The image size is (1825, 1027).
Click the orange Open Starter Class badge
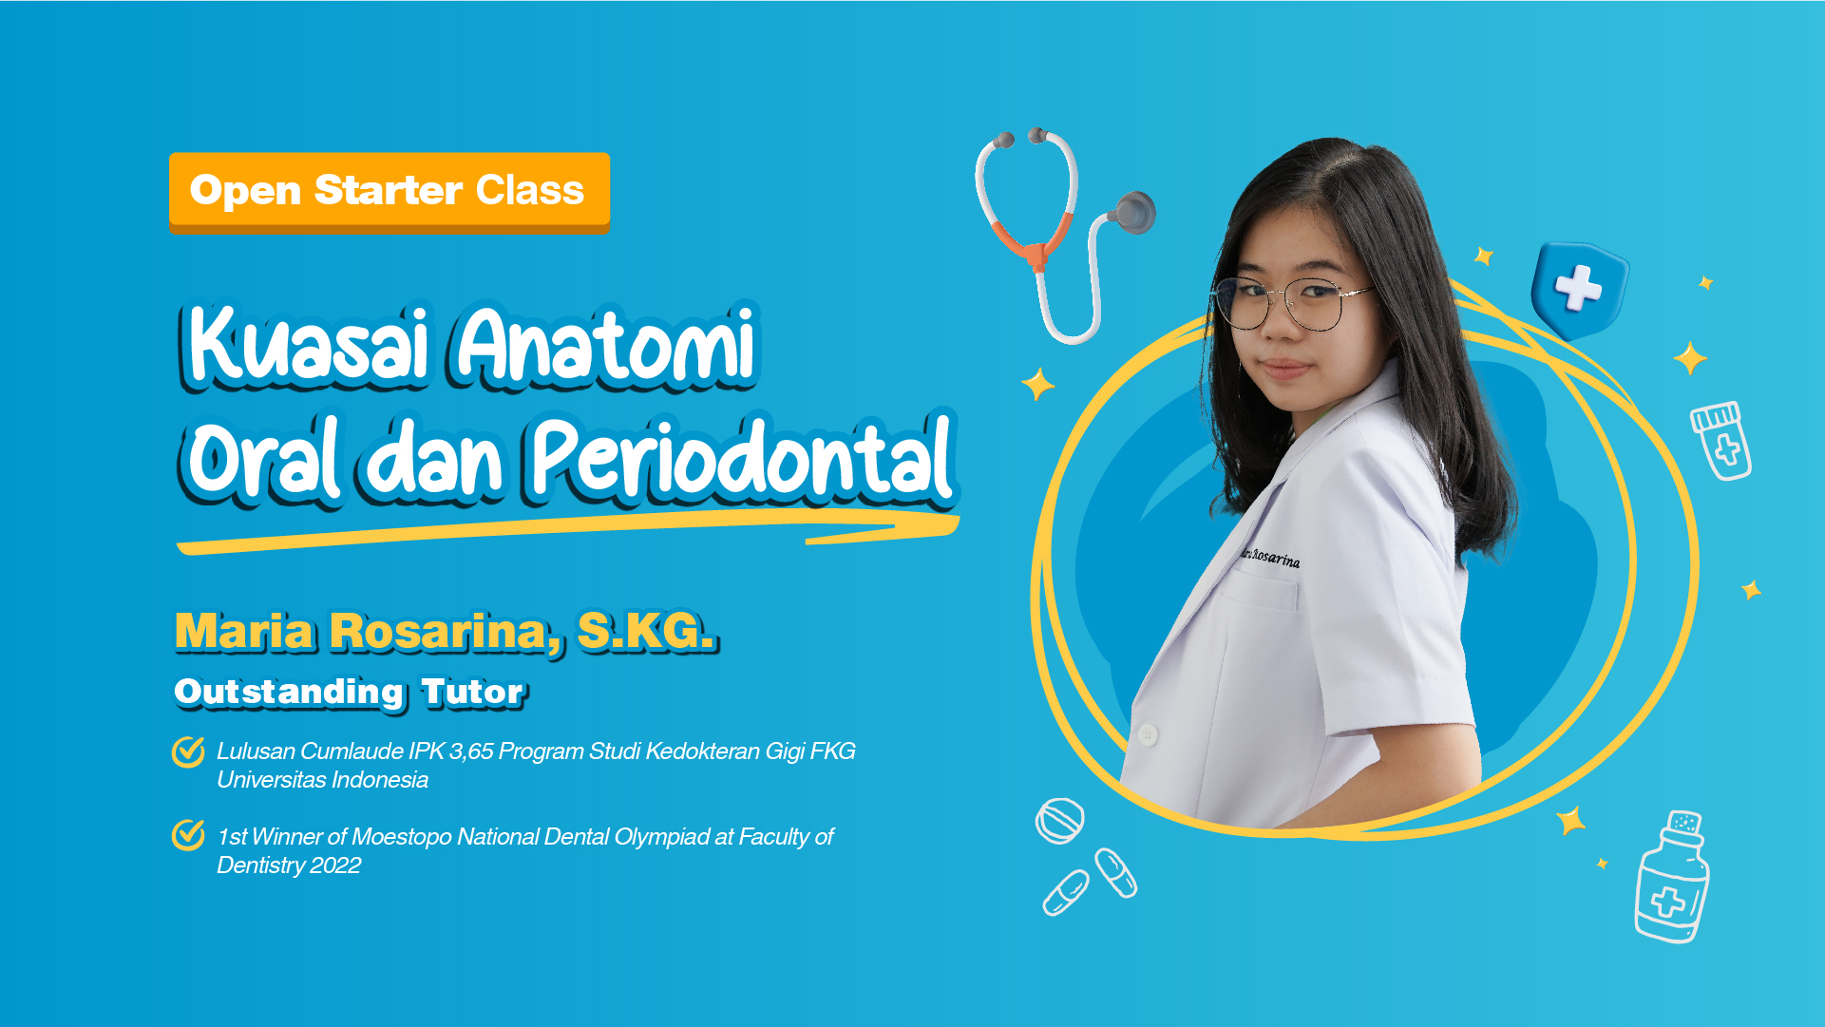pyautogui.click(x=389, y=191)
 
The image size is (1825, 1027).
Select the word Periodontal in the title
pyautogui.click(x=741, y=459)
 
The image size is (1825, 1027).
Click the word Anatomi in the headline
pyautogui.click(x=606, y=344)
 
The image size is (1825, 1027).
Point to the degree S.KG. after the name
pyautogui.click(x=645, y=631)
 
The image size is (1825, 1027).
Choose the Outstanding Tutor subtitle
pyautogui.click(x=349, y=692)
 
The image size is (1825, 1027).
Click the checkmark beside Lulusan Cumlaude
pyautogui.click(x=188, y=751)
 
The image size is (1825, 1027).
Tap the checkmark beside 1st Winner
pyautogui.click(x=188, y=835)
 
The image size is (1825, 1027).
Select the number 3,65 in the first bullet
pyautogui.click(x=471, y=751)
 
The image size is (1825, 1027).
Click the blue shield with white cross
pyautogui.click(x=1579, y=288)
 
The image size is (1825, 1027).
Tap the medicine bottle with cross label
pyautogui.click(x=1670, y=879)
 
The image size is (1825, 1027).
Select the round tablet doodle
pyautogui.click(x=1059, y=820)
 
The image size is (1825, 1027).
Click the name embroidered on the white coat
pyautogui.click(x=1270, y=557)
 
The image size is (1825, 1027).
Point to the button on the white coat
pyautogui.click(x=1148, y=734)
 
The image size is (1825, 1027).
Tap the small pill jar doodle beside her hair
pyautogui.click(x=1721, y=440)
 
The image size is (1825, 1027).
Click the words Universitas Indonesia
pyautogui.click(x=322, y=780)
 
